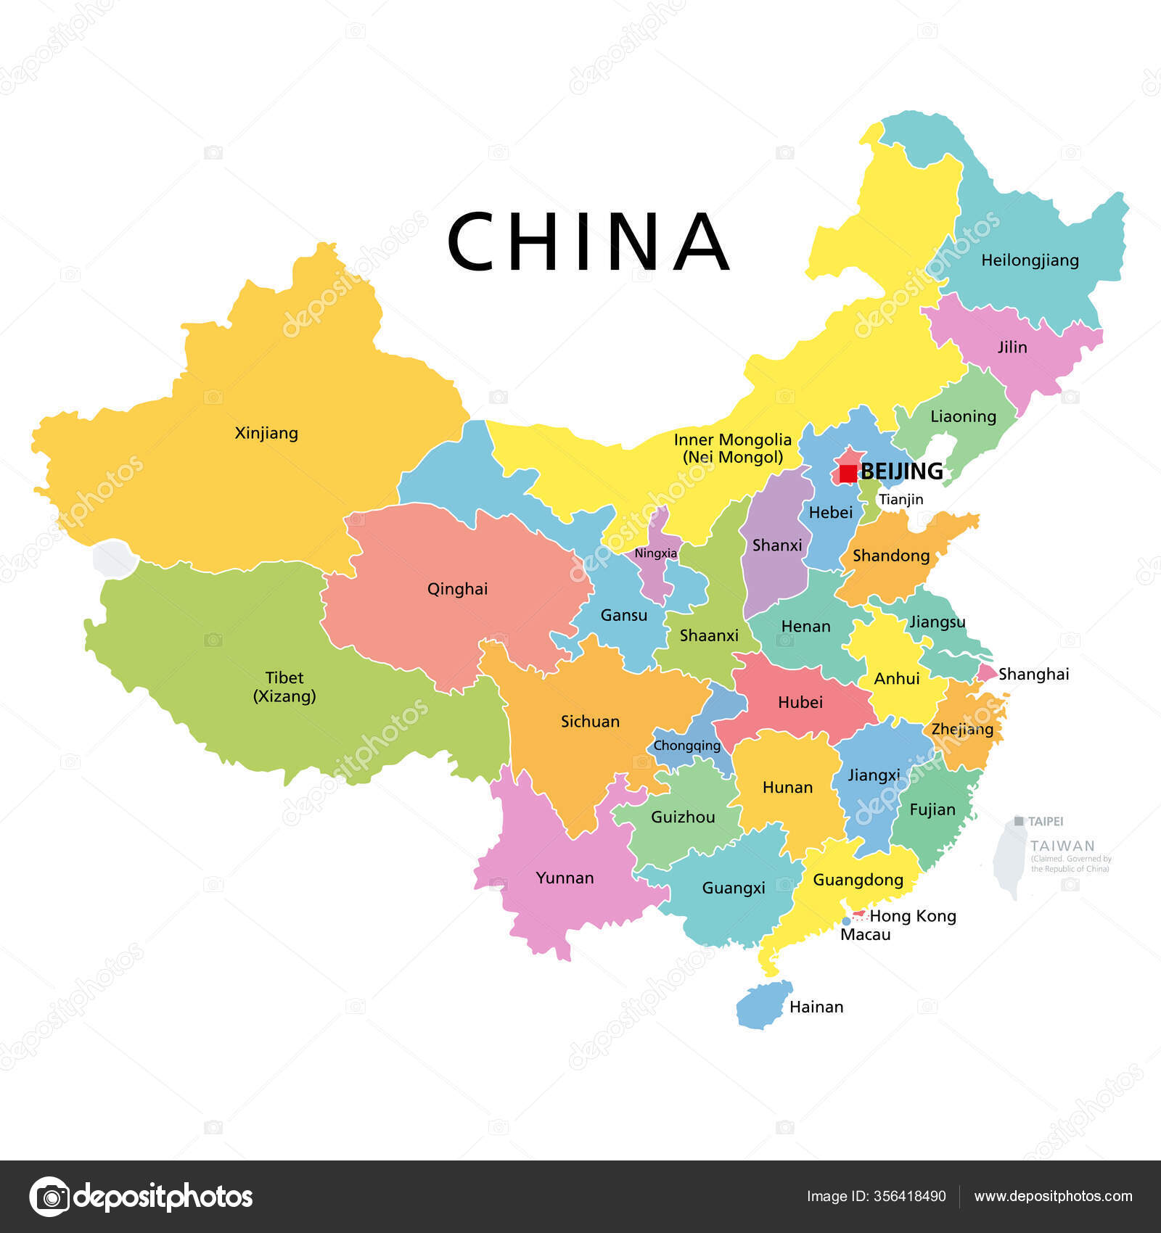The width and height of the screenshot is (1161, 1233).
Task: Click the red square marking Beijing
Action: (848, 474)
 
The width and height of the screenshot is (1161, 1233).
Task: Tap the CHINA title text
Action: (588, 242)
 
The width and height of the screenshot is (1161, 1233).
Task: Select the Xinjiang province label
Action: (266, 433)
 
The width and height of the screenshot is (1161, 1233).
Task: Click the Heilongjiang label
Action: (1030, 260)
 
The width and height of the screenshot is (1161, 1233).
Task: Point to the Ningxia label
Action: (655, 553)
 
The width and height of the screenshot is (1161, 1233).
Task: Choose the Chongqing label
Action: (686, 746)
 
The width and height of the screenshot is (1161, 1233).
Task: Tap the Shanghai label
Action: (1033, 675)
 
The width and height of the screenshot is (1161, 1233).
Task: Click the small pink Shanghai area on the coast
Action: (986, 673)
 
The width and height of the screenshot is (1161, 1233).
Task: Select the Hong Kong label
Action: (912, 916)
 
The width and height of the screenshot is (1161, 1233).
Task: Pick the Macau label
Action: (865, 935)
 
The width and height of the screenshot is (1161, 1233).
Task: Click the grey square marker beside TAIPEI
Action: (1019, 821)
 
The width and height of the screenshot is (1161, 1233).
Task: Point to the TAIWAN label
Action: (1062, 846)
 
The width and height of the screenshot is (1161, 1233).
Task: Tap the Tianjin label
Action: (901, 499)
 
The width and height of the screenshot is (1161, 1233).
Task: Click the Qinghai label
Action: (457, 589)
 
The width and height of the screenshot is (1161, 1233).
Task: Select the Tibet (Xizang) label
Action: (284, 687)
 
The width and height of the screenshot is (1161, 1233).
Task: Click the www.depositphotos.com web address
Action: (1053, 1196)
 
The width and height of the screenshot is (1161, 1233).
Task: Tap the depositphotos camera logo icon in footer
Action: (49, 1196)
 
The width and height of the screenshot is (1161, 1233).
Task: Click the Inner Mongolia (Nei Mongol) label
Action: (732, 448)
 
